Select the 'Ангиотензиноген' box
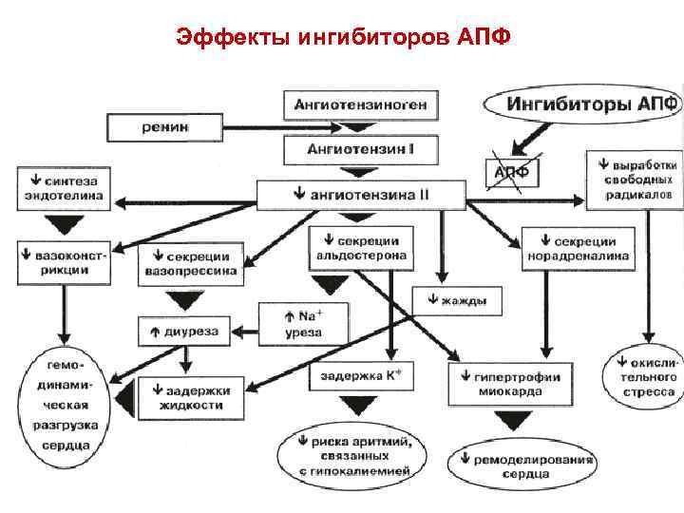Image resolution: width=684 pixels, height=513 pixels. coord(360,104)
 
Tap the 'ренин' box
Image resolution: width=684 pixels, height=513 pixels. coord(164,126)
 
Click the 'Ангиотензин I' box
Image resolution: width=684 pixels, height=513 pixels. coord(360,150)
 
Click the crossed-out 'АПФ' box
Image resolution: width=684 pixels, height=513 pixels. coord(514,173)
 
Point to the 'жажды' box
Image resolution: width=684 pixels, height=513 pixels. coord(457,301)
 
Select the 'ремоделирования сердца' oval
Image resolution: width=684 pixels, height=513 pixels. coord(522,465)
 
